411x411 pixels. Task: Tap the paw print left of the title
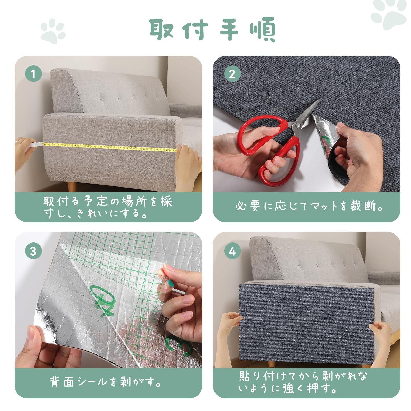[x=53, y=32]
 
